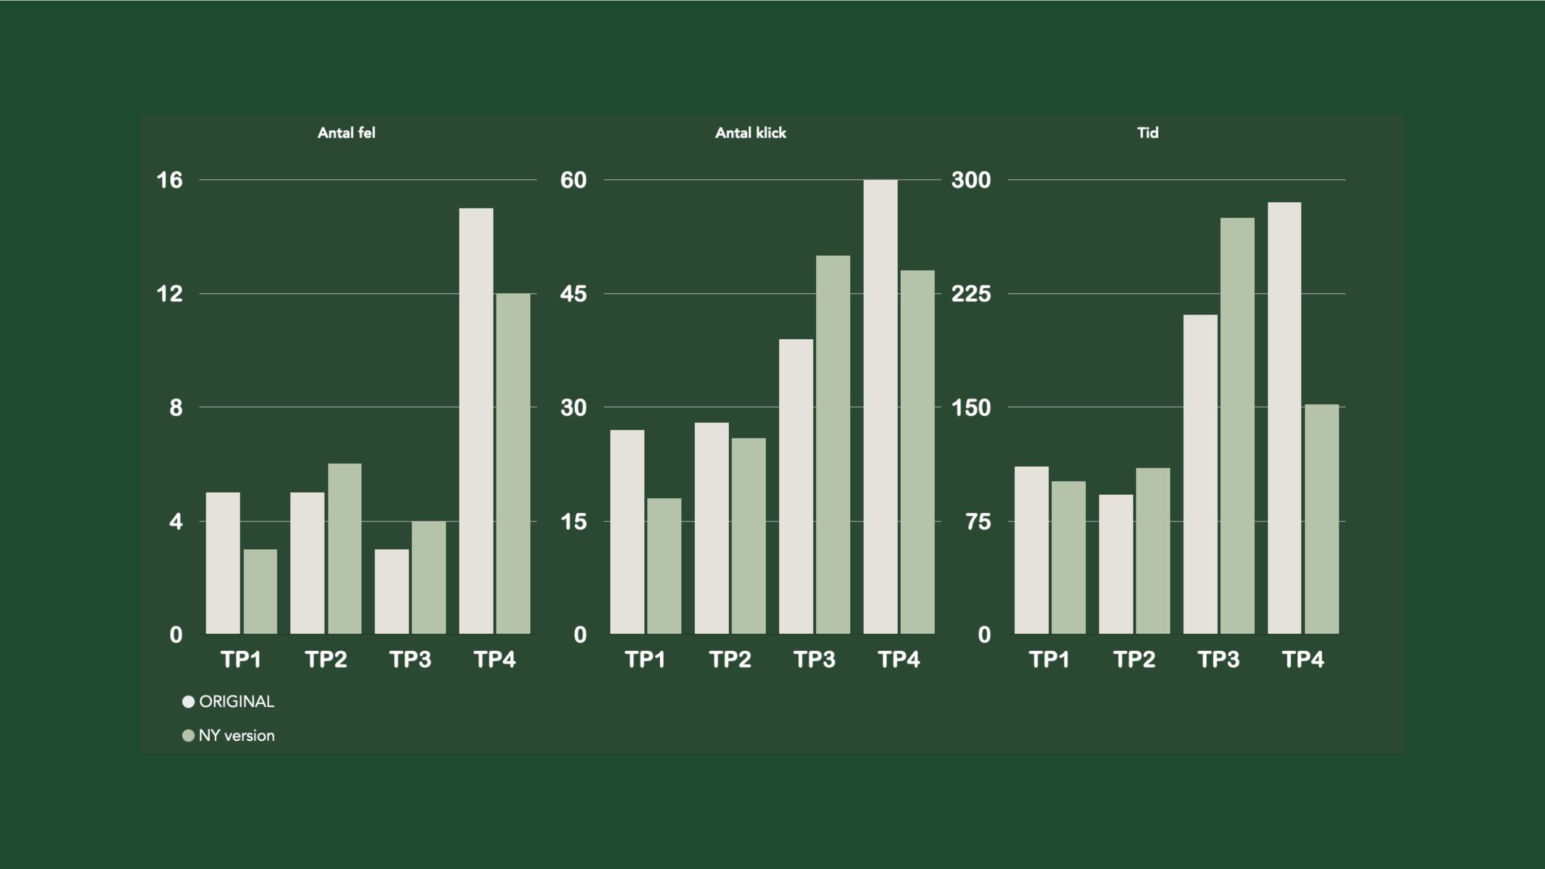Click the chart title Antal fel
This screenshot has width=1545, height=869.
point(346,132)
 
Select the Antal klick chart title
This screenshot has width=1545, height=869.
point(750,132)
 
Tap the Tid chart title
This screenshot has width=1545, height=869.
point(1147,132)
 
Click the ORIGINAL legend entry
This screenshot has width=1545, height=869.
point(229,701)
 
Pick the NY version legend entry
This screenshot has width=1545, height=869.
point(229,735)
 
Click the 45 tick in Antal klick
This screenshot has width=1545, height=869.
point(573,294)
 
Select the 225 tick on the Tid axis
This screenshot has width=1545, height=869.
point(970,294)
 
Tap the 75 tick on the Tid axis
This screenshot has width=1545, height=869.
point(977,522)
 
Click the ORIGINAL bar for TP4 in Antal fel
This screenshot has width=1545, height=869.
point(476,420)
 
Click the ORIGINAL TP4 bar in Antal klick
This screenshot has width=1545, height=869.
point(881,407)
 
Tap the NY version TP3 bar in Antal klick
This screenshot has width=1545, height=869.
point(832,444)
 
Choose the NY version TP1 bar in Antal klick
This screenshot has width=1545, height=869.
point(664,566)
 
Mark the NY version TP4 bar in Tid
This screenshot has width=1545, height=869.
point(1321,519)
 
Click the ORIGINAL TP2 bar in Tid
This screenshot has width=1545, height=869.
point(1115,564)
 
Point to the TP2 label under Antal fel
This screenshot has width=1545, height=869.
point(325,659)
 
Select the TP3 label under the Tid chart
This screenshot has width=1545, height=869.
point(1218,659)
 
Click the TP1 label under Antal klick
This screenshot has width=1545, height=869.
point(645,659)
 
